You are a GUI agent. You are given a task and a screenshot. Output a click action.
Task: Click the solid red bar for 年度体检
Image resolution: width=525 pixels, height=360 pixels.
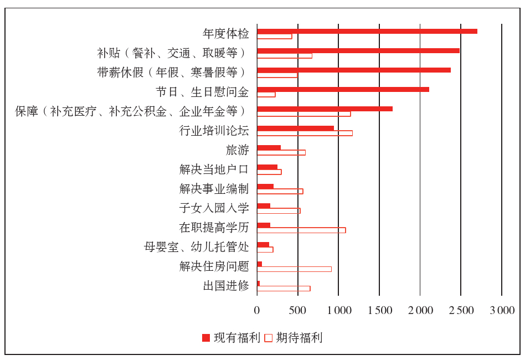click(367, 31)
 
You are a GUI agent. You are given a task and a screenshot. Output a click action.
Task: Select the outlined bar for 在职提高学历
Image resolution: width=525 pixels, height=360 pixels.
click(301, 230)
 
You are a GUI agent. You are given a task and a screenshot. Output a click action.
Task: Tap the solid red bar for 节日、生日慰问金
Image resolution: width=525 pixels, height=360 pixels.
click(343, 89)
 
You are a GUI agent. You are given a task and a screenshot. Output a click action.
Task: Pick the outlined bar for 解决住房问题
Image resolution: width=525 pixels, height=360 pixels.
click(294, 269)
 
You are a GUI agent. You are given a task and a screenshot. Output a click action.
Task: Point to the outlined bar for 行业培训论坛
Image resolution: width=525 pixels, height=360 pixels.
click(305, 133)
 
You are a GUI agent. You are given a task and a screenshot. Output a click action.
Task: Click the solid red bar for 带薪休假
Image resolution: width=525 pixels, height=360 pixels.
click(353, 70)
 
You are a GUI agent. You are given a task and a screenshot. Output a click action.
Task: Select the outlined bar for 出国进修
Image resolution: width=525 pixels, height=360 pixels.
click(284, 288)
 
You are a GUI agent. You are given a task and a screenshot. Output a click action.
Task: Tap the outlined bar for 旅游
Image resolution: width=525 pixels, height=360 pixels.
click(281, 152)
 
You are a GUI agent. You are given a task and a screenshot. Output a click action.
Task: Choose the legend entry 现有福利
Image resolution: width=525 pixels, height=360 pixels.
click(230, 337)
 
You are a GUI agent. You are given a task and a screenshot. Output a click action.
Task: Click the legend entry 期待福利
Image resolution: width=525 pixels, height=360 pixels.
click(293, 337)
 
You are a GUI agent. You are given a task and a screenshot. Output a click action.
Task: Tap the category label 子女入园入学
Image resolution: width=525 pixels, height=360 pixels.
click(214, 208)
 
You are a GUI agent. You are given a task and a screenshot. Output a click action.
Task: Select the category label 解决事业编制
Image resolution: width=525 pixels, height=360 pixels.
click(214, 189)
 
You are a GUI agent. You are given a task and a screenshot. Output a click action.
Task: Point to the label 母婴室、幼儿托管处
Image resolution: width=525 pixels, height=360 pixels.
click(197, 247)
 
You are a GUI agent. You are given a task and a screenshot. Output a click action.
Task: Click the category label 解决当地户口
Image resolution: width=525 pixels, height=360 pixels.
click(214, 169)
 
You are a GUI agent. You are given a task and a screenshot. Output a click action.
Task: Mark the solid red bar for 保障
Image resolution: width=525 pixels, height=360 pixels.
click(325, 109)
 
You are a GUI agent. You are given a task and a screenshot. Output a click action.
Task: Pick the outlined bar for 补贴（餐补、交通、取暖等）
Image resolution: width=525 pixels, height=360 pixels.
click(284, 55)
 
